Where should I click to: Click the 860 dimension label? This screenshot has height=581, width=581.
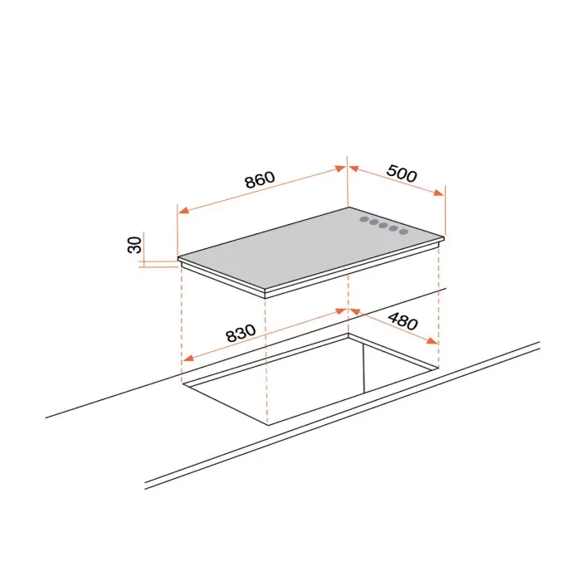pos(260,179)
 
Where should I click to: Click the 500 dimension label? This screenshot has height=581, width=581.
pos(402,173)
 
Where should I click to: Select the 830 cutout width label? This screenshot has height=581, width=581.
pos(241,333)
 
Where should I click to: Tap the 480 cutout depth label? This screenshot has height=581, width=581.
pos(403,321)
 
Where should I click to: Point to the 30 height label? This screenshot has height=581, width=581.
pos(134,245)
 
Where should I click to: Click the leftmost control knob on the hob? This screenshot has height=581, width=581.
pos(364,220)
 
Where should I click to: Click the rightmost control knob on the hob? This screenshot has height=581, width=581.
pos(403,232)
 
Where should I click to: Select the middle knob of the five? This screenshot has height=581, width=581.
pos(383,225)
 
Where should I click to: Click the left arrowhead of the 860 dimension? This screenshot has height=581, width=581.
pos(183,210)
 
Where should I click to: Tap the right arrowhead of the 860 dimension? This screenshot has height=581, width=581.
pos(340,168)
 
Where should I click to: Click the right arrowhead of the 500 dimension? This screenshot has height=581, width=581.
pos(439,193)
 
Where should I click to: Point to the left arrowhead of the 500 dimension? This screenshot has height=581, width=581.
pos(354,168)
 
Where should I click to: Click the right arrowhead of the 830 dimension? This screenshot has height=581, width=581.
pos(340,311)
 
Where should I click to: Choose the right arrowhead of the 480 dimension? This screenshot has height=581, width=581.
pos(432,340)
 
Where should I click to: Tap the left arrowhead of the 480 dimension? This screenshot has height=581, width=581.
pos(355,312)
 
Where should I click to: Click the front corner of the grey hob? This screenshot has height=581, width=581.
pos(266,290)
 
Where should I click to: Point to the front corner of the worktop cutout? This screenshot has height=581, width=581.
pos(267,425)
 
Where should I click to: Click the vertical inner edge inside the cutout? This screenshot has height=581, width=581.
pos(364,368)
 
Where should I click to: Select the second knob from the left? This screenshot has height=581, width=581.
pos(373,222)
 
